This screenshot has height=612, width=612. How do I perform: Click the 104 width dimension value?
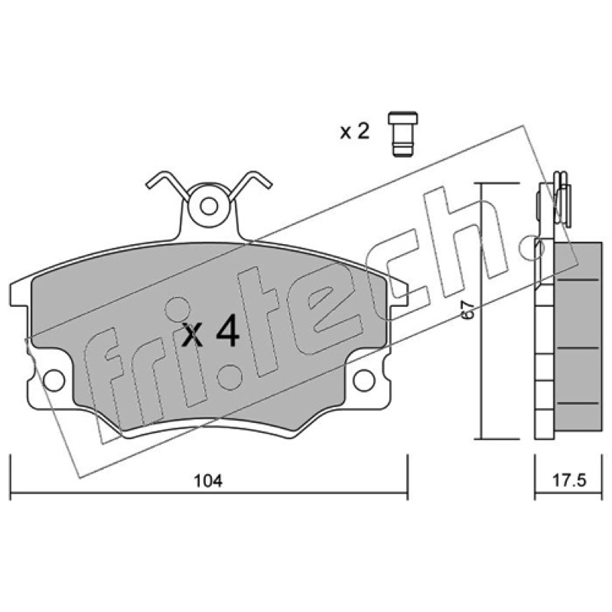coord(208,480)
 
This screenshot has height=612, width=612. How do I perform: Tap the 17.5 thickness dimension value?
coord(569,480)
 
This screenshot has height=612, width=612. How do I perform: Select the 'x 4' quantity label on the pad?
coord(210,333)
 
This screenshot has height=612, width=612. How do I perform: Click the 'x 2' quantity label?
coord(354,132)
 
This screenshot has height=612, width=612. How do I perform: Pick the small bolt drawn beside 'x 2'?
coord(403,135)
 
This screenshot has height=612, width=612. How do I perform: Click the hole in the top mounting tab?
coord(209,207)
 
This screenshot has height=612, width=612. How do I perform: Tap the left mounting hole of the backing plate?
coord(54,380)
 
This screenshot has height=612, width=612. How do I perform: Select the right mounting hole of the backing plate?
coord(364,380)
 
